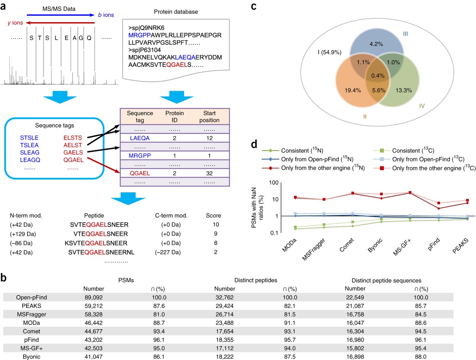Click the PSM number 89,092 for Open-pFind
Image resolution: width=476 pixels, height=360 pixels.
[94, 297]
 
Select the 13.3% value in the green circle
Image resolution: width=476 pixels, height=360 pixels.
[403, 90]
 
